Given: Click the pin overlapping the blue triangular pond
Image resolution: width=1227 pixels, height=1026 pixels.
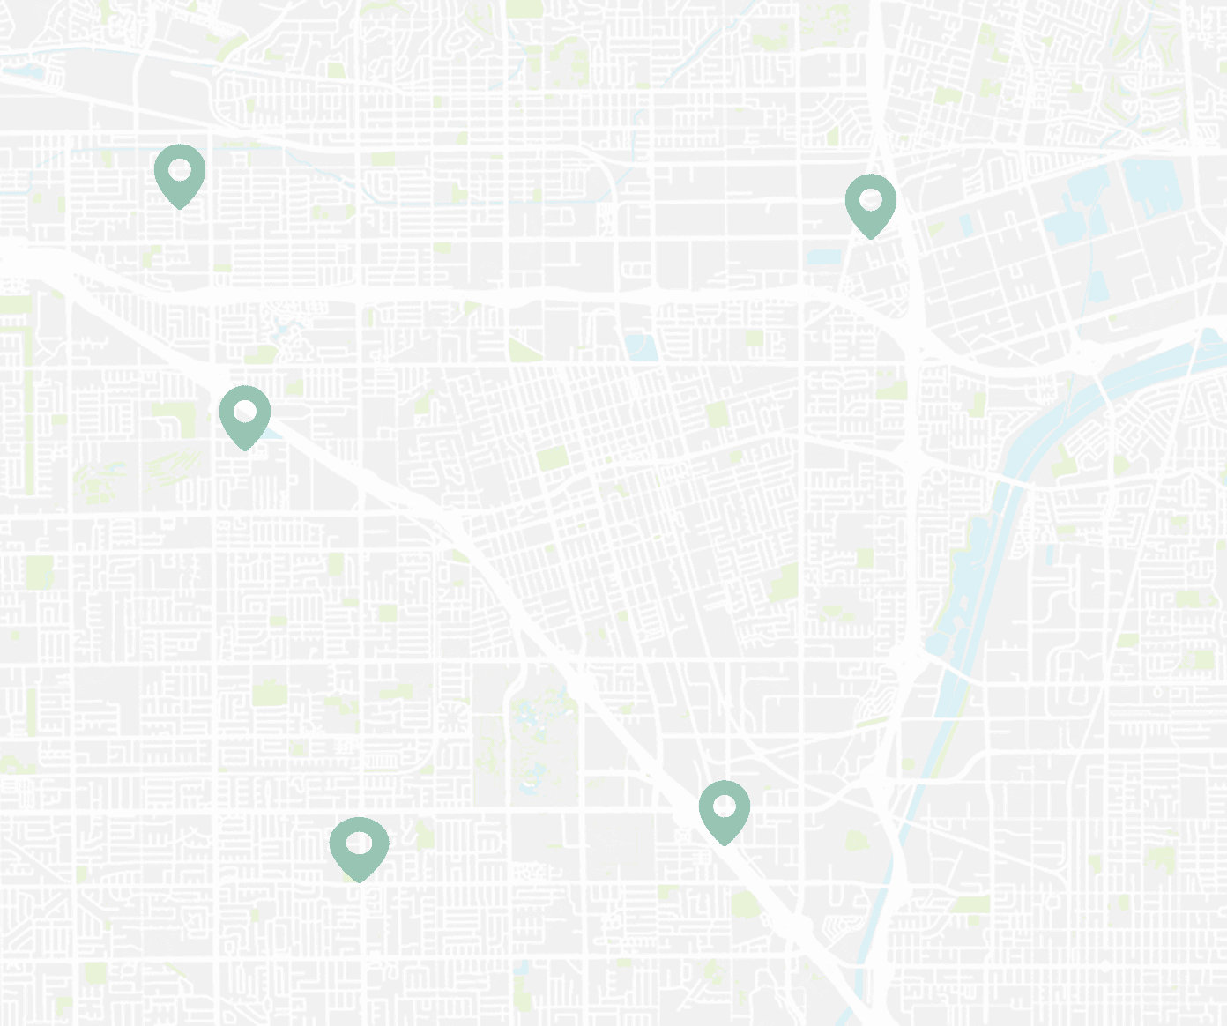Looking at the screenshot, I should (244, 414).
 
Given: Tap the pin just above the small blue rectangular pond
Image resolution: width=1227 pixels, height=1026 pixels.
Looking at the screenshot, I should (870, 204).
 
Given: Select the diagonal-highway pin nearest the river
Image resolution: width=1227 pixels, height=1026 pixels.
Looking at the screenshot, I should (724, 809).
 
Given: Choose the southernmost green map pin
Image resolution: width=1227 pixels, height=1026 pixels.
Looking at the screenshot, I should (359, 846).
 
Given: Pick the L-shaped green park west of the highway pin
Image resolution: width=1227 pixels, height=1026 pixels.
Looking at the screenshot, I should (176, 420).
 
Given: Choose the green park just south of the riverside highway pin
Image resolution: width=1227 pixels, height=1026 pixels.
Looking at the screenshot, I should (746, 904).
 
